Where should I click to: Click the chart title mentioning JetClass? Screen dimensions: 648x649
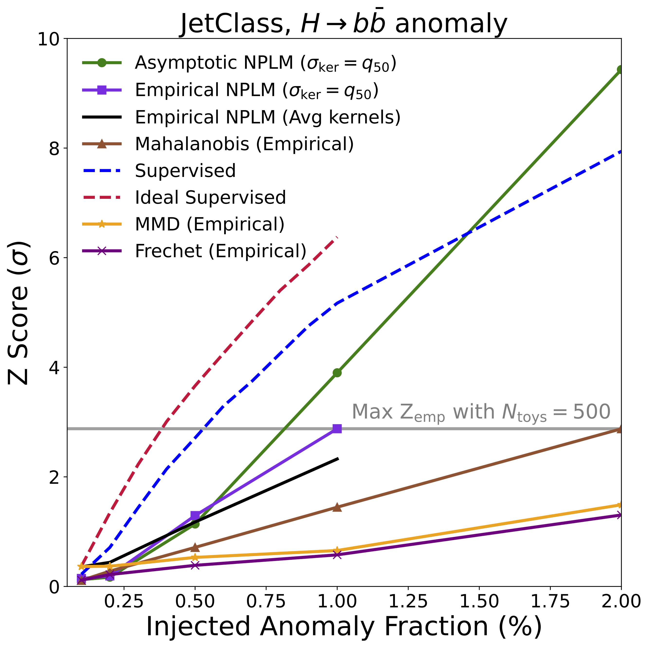343,24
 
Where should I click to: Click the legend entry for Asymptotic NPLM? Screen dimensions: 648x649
265,63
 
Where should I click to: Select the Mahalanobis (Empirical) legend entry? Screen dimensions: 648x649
244,144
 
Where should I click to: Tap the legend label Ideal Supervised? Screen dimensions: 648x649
210,197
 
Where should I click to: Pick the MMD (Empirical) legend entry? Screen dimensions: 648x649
210,224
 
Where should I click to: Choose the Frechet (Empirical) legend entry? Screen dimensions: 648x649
221,251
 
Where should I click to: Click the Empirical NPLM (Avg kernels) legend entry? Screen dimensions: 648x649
268,117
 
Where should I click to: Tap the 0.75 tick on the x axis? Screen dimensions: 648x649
266,601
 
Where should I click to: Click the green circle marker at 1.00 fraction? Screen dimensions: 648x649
337,373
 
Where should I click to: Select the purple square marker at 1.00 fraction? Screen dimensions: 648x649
337,429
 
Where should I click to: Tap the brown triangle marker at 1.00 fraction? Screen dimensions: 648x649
337,508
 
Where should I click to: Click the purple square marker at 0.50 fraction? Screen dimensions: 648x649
195,515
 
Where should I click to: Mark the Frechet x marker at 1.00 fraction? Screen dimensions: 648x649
337,555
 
